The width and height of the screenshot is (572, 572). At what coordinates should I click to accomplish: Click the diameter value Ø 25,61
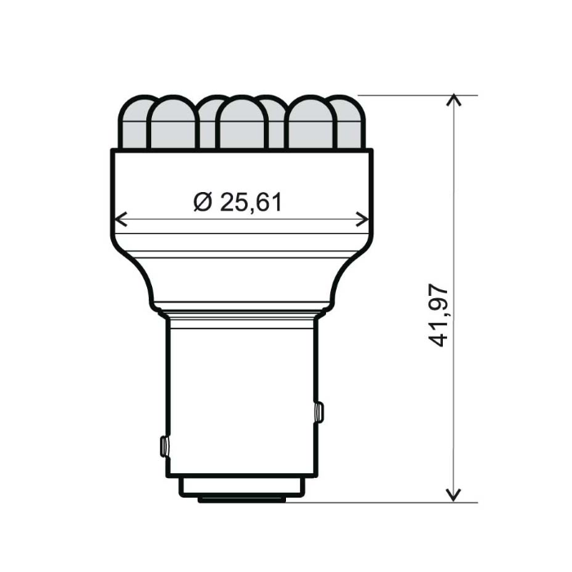[238, 201]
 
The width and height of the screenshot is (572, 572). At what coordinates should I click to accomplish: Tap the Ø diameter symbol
[203, 201]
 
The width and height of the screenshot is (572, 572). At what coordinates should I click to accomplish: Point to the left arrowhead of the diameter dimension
[119, 219]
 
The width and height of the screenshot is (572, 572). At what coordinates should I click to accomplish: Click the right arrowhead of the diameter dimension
[364, 219]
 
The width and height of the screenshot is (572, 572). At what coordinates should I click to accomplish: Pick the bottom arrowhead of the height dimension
[454, 495]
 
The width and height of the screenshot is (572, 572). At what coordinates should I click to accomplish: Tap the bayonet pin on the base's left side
[163, 446]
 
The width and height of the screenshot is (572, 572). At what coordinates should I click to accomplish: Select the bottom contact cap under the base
[241, 489]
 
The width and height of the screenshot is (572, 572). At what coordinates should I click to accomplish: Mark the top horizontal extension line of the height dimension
[409, 95]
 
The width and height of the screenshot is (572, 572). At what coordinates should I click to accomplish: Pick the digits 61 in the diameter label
[268, 201]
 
